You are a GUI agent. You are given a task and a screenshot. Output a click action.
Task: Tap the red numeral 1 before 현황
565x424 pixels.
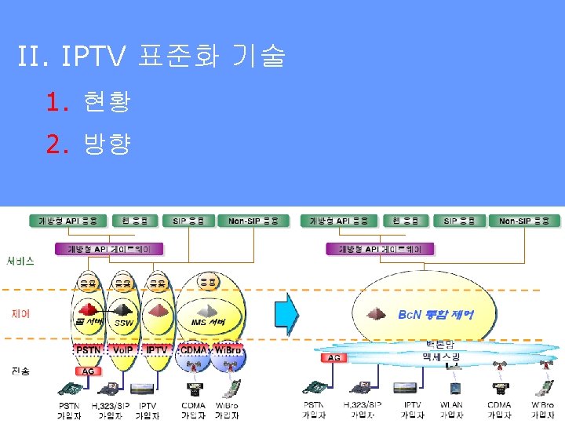53,101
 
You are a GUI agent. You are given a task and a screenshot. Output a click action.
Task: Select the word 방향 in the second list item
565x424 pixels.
106,144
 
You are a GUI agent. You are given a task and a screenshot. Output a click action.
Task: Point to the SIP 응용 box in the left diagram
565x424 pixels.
189,221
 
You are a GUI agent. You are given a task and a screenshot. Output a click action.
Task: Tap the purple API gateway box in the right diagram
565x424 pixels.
380,249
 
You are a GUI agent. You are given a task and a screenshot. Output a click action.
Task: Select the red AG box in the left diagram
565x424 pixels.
89,371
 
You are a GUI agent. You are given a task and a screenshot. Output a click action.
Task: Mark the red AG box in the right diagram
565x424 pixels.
335,357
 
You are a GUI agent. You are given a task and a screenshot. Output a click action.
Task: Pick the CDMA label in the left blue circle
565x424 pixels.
193,349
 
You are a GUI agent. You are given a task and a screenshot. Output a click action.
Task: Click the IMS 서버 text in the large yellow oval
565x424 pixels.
208,322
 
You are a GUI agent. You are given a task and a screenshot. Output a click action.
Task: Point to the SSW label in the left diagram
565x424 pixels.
124,322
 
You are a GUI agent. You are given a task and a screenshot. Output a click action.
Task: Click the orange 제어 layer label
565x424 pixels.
20,313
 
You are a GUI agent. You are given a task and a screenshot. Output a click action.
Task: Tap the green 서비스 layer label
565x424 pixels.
20,261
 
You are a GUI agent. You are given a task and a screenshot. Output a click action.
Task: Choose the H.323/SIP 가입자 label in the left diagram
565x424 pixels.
109,410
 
